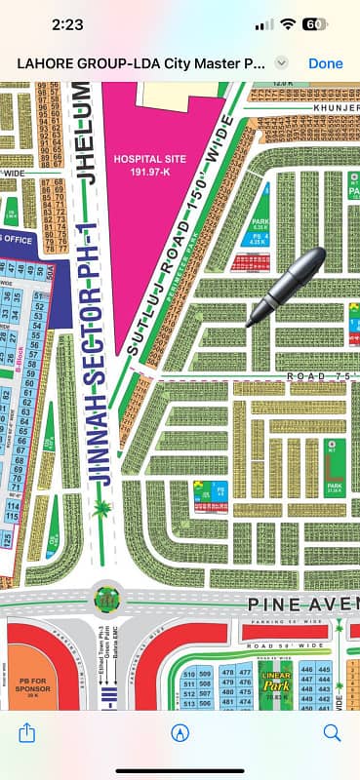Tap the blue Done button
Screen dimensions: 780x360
(x=325, y=62)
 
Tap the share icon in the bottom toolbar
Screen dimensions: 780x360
(x=27, y=732)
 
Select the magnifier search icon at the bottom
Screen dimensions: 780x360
(x=332, y=732)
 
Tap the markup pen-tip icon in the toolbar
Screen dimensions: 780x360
(x=180, y=732)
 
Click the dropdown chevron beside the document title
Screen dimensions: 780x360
(x=281, y=62)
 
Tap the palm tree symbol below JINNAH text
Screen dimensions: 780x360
(x=100, y=507)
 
